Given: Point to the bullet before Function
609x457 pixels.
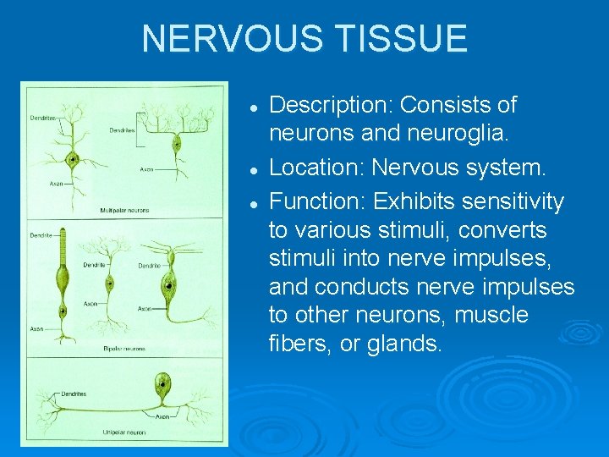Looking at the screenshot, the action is [253, 203].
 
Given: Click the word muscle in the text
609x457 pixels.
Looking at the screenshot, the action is [491, 316].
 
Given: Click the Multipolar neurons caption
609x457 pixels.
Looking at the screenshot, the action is [125, 210].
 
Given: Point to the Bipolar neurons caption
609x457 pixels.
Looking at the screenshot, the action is [125, 349].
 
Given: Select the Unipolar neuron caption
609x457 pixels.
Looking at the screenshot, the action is [123, 432].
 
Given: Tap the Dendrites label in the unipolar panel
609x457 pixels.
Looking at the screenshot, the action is [72, 394].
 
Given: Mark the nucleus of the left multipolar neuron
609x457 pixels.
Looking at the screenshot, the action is [74, 158].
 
